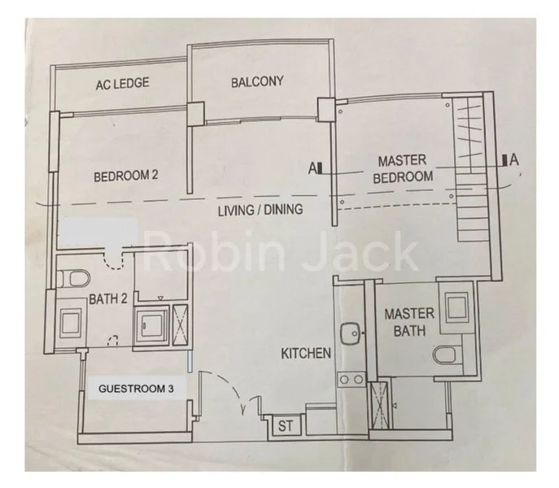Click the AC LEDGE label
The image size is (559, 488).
[120, 84]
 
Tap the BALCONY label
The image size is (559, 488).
[256, 81]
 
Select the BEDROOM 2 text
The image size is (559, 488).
[125, 176]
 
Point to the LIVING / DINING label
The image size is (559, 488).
[260, 210]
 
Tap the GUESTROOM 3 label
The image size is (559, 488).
[136, 389]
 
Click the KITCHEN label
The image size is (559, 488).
[306, 353]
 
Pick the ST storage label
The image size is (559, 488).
[286, 425]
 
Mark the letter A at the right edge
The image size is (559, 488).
[513, 160]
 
